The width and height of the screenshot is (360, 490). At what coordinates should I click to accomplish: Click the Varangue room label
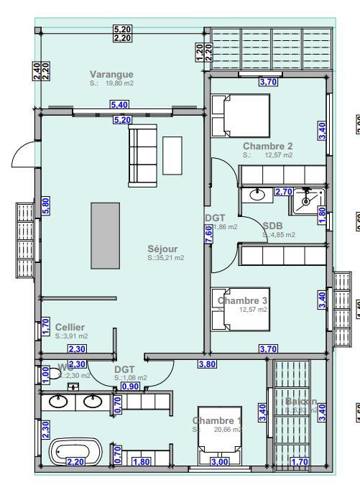pos(111,75)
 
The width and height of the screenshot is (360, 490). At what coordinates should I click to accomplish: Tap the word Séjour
pos(162,249)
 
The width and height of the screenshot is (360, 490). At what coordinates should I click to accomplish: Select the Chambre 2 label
pos(267,146)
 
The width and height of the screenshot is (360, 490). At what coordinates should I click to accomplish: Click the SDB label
pos(272,225)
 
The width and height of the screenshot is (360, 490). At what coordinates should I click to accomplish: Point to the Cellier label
pos(70,327)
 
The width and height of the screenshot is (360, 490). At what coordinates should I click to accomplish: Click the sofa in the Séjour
pos(142,154)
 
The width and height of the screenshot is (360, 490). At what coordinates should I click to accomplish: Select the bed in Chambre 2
pos(241,116)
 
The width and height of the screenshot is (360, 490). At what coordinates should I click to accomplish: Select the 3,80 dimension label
pos(207,365)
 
